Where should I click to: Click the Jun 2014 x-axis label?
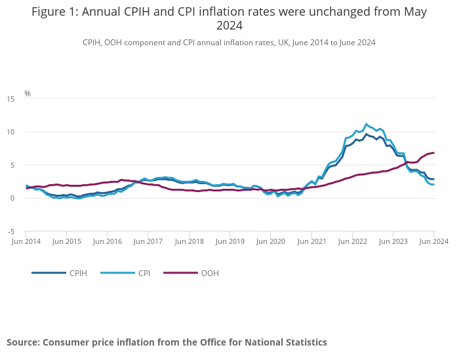[26, 241]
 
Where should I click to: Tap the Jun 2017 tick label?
[149, 241]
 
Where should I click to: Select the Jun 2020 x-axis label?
[271, 241]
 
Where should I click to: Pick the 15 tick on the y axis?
[10, 99]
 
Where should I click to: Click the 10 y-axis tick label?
[10, 132]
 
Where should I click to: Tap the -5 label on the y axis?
[10, 231]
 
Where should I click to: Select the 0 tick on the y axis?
[12, 199]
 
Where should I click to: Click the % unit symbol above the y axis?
[28, 94]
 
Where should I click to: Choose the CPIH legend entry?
[78, 273]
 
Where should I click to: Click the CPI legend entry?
[144, 273]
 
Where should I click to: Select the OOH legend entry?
[209, 273]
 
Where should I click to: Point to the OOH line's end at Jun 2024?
[433, 153]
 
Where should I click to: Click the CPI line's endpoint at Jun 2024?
[433, 184]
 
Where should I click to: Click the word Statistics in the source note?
[302, 342]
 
